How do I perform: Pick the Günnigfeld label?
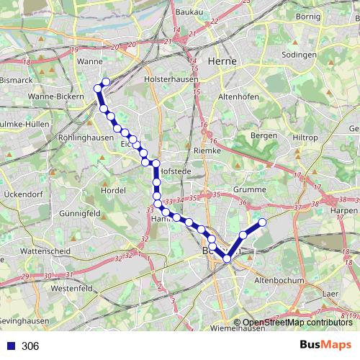tap(79, 214)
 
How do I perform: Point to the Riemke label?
tap(207, 150)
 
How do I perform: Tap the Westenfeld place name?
tap(73, 288)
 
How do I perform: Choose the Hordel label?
tap(114, 190)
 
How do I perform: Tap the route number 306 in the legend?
tap(30, 346)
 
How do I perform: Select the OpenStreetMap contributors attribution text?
tap(298, 323)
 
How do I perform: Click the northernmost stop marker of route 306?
tap(107, 82)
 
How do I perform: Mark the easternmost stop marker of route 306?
tap(263, 222)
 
